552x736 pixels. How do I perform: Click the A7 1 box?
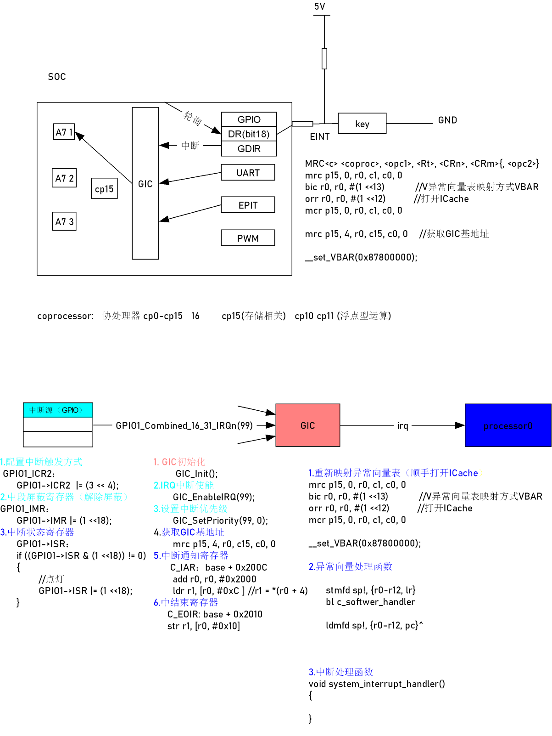click(64, 132)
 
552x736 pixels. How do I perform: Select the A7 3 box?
click(64, 221)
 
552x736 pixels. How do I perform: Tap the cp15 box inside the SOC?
click(104, 189)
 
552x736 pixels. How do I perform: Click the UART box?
click(248, 173)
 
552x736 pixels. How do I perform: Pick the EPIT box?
click(248, 205)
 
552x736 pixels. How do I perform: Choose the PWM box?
click(248, 238)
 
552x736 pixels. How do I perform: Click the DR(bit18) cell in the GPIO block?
click(249, 134)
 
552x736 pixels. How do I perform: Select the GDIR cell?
click(249, 149)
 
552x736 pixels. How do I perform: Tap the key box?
click(362, 124)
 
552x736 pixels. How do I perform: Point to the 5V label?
click(320, 6)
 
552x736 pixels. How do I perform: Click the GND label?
click(447, 120)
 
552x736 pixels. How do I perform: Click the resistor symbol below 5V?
click(324, 58)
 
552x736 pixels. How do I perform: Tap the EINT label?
click(320, 136)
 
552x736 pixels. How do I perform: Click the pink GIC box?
click(307, 425)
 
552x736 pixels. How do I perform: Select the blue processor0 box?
click(508, 425)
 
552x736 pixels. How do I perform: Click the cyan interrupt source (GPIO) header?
click(58, 410)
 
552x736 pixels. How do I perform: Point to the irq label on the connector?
click(402, 426)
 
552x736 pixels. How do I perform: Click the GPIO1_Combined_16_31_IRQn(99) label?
click(184, 425)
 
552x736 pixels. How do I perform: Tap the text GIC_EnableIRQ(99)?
click(214, 497)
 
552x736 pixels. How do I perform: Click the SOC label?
click(57, 77)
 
